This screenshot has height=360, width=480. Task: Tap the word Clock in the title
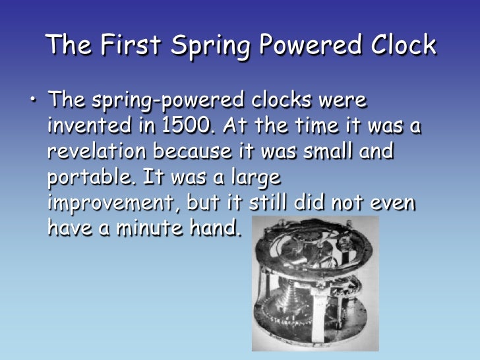398,45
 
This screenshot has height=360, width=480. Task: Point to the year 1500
183,126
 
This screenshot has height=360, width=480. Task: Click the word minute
148,228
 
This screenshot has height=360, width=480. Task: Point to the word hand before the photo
212,228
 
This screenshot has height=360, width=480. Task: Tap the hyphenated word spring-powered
158,102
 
